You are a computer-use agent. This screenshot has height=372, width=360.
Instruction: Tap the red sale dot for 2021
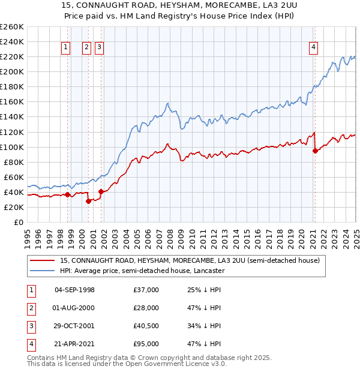coord(315,151)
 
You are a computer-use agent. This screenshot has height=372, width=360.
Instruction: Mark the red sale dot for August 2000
coord(88,201)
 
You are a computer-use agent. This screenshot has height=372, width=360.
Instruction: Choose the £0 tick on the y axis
coord(19,222)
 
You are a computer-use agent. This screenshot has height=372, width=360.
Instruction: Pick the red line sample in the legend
coord(42,260)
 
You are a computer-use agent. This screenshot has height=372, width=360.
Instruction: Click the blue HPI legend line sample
coord(42,271)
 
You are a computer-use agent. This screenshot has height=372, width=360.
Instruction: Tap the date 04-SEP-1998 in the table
coord(74,290)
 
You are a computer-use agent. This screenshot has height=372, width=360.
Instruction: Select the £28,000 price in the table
coord(146,308)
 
